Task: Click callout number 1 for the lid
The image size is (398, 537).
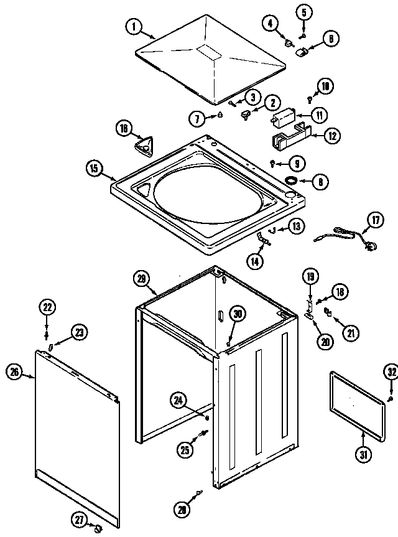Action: pos(133,27)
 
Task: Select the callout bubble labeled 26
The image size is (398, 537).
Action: pos(14,373)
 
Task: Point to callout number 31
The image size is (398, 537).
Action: pos(362,455)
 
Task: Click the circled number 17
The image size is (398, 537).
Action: pos(375,220)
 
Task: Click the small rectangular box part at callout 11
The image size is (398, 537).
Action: pos(284,115)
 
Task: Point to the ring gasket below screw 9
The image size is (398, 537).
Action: pos(290,179)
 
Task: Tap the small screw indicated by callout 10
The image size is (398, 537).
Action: pos(310,98)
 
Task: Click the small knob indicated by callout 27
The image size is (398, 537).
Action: pos(98,528)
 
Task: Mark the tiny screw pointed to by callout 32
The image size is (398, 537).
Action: pos(389,398)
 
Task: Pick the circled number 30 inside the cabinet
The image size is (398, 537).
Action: pos(236,315)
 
